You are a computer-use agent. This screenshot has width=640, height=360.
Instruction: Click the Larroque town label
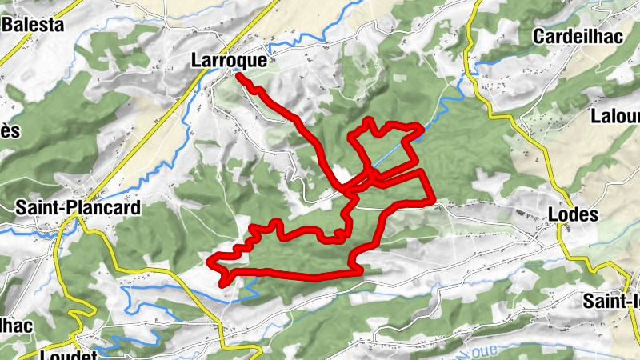229,59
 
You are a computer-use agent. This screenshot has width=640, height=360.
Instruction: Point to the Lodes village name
572,214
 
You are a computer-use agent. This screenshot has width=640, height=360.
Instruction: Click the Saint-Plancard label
78,208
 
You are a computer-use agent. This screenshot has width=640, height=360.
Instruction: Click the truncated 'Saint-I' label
612,302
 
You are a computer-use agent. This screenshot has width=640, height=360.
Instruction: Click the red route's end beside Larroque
238,77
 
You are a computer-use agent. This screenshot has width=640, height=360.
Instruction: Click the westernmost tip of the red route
210,261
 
